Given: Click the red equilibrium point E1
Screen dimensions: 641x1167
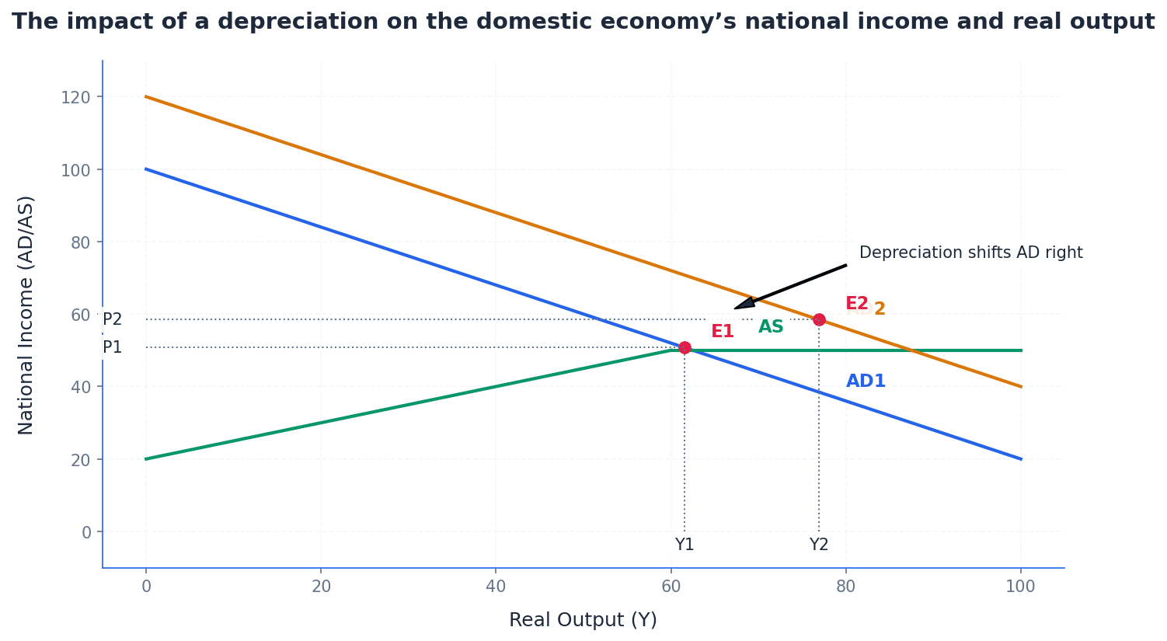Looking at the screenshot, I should click(x=685, y=347).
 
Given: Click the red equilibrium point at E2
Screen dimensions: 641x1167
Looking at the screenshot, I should click(x=819, y=319).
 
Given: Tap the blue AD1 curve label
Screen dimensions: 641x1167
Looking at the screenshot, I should click(x=866, y=381).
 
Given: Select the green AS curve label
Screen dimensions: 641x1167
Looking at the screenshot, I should click(x=771, y=327).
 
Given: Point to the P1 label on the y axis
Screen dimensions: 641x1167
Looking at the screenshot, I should click(x=113, y=347).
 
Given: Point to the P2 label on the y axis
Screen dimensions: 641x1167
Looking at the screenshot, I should click(x=113, y=319).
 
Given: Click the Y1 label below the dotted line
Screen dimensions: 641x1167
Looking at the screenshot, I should click(x=685, y=545).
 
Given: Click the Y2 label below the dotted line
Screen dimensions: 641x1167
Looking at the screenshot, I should click(x=819, y=545).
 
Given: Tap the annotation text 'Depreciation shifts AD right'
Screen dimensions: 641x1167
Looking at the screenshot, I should click(x=970, y=253).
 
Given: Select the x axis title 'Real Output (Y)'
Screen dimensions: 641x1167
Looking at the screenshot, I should click(x=583, y=620).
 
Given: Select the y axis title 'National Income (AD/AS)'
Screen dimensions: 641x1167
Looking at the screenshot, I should click(x=26, y=315).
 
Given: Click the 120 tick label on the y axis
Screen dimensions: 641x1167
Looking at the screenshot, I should click(x=76, y=97).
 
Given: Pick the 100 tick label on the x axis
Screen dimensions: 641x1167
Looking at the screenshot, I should click(x=1020, y=587).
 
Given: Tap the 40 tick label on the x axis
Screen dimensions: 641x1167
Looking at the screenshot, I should click(x=496, y=587).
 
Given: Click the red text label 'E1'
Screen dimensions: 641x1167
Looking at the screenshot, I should click(x=723, y=332).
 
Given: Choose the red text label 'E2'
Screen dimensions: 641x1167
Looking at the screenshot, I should click(x=856, y=304).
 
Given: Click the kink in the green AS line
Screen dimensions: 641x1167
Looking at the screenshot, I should click(x=671, y=350).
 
